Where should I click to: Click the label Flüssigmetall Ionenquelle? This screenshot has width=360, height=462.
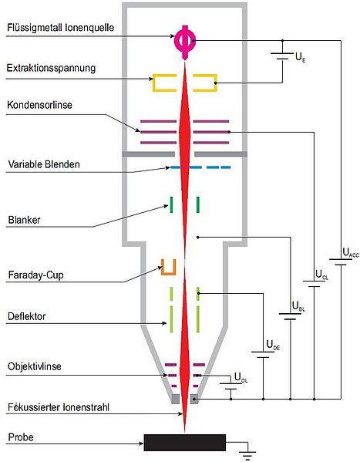click(60, 28)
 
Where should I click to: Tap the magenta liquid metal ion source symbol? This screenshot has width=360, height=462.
click(185, 42)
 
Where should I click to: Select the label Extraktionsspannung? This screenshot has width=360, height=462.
click(51, 69)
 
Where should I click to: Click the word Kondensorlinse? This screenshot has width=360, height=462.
click(39, 105)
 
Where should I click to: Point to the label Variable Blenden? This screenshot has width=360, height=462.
click(44, 164)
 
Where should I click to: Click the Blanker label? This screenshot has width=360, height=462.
click(24, 220)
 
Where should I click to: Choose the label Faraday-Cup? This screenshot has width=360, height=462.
click(35, 275)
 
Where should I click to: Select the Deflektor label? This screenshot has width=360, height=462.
click(26, 317)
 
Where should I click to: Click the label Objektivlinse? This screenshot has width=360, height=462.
click(35, 366)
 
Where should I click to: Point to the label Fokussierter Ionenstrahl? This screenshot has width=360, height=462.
click(59, 407)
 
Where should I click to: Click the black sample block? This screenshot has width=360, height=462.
click(185, 442)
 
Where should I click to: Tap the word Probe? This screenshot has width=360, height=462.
click(21, 437)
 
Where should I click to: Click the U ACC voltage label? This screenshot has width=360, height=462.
click(351, 253)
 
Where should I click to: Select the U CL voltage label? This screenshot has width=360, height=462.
click(321, 275)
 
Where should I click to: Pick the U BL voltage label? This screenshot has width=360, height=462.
click(298, 307)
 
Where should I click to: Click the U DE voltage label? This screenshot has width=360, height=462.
click(273, 345)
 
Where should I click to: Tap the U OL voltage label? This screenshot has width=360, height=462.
click(241, 377)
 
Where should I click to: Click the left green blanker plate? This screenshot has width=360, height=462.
click(171, 205)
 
